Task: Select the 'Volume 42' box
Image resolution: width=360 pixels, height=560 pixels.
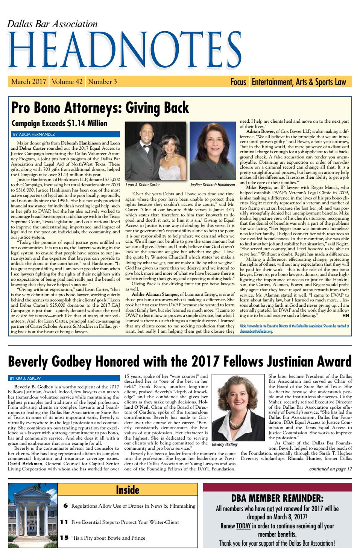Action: [67, 82]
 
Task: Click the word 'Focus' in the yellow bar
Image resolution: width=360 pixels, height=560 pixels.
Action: [238, 82]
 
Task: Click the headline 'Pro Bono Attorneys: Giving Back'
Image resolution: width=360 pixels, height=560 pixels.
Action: [100, 108]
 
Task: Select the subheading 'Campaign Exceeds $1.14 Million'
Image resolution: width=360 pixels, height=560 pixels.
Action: [59, 123]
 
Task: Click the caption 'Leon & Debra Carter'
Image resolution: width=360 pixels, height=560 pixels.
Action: [143, 185]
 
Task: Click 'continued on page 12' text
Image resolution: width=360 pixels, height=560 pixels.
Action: [330, 469]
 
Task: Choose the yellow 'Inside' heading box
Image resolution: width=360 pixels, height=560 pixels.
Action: [128, 490]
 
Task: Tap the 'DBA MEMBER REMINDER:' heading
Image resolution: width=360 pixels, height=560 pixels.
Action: [277, 499]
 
